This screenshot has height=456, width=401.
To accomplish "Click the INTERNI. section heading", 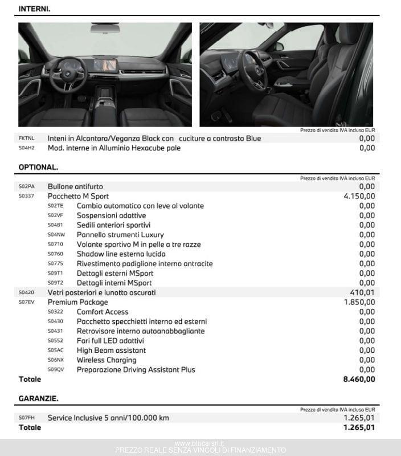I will coord(34,9).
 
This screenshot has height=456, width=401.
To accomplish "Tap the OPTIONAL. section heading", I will coord(38,168).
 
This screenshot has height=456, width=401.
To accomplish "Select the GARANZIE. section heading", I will coord(38,398).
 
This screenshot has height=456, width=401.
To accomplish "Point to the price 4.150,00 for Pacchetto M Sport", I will coord(359,196).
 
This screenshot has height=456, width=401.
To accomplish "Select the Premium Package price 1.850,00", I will coord(359,302).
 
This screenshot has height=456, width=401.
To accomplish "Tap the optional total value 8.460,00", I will coord(359,379).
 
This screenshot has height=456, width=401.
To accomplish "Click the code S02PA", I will coord(26,186).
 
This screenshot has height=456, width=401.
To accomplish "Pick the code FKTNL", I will coord(26,138).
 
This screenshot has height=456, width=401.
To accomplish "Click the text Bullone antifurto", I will coord(75,186).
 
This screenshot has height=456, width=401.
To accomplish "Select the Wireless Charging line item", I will coord(107,360).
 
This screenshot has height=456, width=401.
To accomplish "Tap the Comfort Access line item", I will coord(103,312).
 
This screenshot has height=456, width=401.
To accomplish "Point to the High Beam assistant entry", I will coord(111,350).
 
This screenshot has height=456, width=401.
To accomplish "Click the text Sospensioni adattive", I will coord(111,215).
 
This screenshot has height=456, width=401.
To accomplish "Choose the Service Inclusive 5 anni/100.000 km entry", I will coord(108,418).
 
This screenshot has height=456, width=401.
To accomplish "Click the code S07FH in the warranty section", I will coord(26,418).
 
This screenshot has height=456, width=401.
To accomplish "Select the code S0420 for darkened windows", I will coord(26,292).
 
